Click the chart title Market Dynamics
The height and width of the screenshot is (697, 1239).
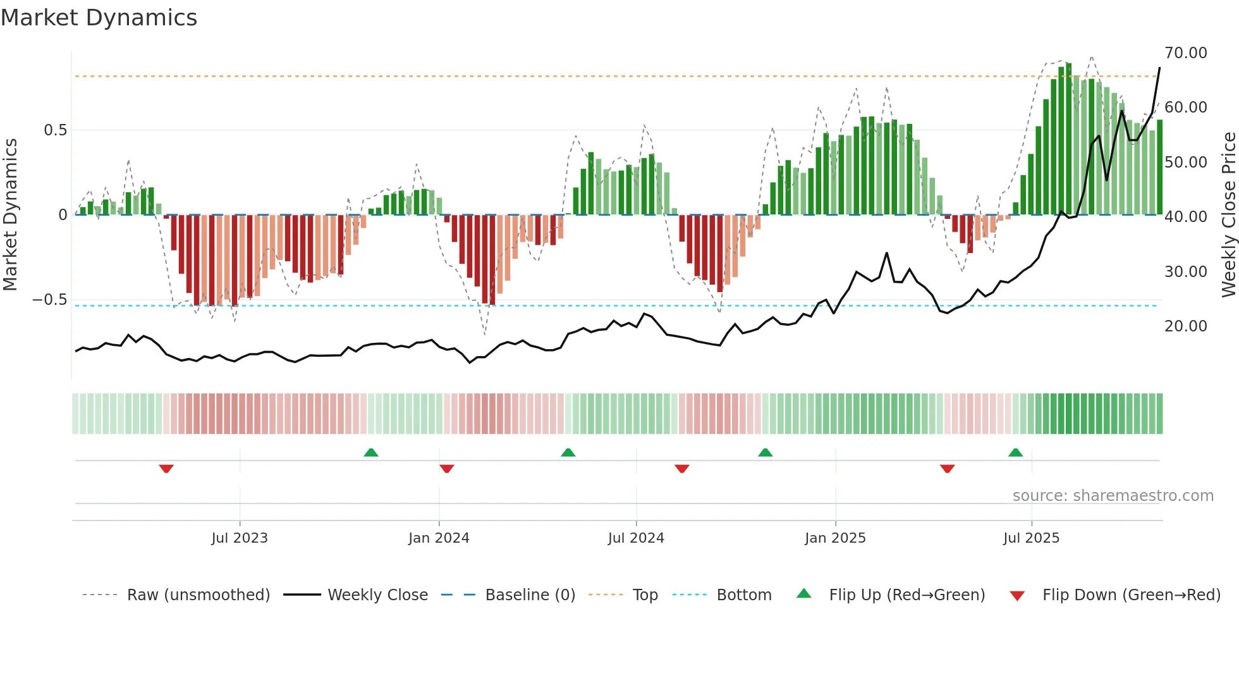click(x=99, y=18)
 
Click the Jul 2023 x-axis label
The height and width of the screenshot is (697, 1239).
click(x=240, y=538)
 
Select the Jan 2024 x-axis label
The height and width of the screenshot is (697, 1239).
click(x=439, y=538)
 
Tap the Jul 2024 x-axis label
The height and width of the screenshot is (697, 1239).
click(x=636, y=538)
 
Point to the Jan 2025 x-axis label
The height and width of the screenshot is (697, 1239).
click(x=835, y=538)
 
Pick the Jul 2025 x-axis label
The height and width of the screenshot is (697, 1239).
click(x=1031, y=538)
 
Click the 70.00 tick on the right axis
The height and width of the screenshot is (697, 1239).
click(x=1185, y=53)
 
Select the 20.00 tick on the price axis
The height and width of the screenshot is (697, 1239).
click(x=1185, y=326)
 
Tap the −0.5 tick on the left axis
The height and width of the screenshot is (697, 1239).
click(x=49, y=300)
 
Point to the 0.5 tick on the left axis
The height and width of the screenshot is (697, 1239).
click(x=55, y=130)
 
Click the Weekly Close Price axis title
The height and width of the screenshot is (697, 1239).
click(x=1228, y=215)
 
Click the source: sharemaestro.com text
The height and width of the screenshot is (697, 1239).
click(x=1113, y=496)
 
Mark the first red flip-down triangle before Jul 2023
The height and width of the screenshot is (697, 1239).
click(x=166, y=469)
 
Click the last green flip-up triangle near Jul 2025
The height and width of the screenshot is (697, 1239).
click(x=1015, y=452)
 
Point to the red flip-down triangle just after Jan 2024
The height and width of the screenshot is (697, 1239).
click(x=446, y=469)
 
